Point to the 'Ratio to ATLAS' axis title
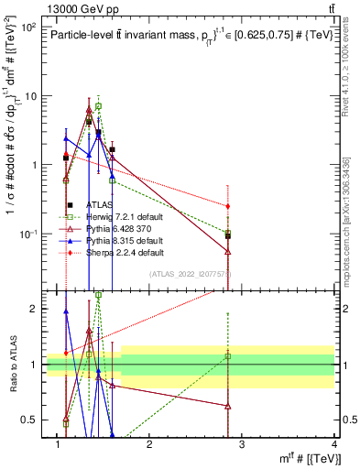pyautogui.click(x=13, y=365)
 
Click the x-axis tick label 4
pyautogui.click(x=333, y=445)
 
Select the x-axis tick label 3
pyautogui.click(x=242, y=445)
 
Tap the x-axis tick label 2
pyautogui.click(x=149, y=445)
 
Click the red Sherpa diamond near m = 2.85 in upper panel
pyautogui.click(x=227, y=206)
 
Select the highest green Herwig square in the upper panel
pyautogui.click(x=98, y=106)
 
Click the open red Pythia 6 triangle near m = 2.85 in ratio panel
pyautogui.click(x=227, y=406)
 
